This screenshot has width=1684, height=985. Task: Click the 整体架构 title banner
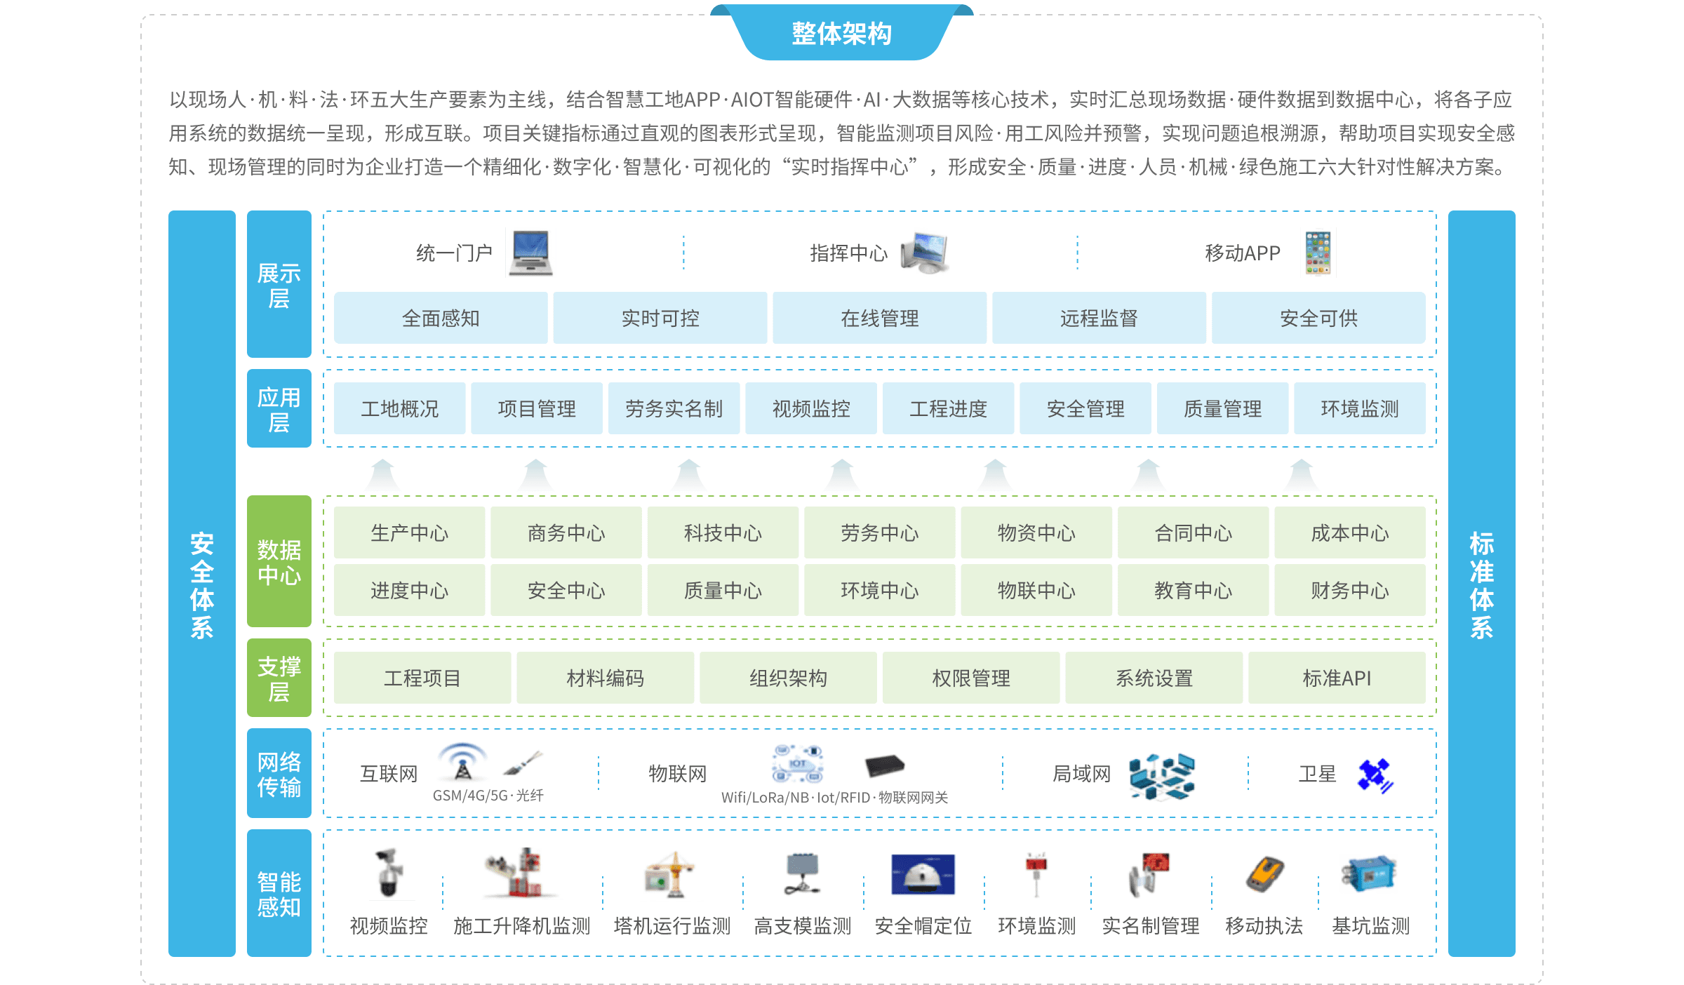(x=841, y=33)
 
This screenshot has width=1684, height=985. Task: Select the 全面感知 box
(x=441, y=318)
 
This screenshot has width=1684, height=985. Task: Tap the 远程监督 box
(x=1099, y=318)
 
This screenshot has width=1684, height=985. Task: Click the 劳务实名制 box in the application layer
(x=674, y=408)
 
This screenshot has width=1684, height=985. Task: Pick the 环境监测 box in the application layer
(x=1359, y=408)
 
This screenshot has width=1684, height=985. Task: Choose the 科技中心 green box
(x=723, y=532)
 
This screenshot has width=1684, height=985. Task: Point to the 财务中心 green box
(x=1349, y=590)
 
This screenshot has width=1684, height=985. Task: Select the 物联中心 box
(x=1036, y=590)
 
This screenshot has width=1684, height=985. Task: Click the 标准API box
(x=1336, y=678)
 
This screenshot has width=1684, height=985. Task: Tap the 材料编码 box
(x=605, y=678)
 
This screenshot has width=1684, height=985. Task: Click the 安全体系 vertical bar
(x=202, y=584)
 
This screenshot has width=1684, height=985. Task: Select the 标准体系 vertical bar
(x=1481, y=584)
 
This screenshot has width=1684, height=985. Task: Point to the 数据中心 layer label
(x=279, y=561)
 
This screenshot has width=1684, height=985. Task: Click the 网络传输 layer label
(x=279, y=773)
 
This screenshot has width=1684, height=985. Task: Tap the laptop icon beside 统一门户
(x=530, y=253)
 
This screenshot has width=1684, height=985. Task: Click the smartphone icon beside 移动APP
(x=1318, y=253)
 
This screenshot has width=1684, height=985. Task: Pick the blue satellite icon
(x=1374, y=773)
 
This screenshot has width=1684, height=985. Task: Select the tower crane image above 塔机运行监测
(x=671, y=873)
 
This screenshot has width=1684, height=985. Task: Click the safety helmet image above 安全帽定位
(x=923, y=874)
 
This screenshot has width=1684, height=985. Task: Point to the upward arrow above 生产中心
(x=382, y=476)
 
